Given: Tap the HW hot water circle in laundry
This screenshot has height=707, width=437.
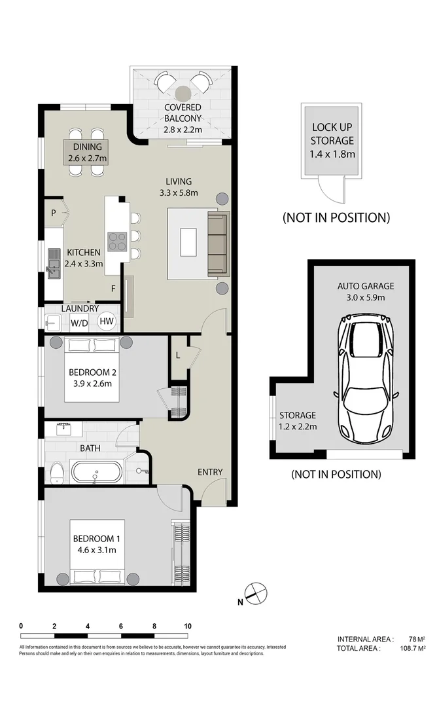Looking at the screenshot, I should [107, 321].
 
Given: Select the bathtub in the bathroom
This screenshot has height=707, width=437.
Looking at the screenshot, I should [96, 472].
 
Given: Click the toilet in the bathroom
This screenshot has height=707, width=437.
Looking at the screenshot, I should [56, 472].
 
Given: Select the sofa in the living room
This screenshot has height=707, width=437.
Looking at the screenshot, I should [217, 244].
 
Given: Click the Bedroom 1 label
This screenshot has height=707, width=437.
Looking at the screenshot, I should [96, 539].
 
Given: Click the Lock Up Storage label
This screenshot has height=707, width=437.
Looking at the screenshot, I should [332, 134].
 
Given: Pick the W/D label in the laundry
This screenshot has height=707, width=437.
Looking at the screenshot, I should [79, 322].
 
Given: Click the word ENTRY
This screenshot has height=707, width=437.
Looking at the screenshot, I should [209, 472].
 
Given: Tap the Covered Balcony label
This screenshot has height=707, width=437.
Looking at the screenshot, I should [183, 113].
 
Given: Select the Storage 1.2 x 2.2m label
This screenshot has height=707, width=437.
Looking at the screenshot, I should [298, 421].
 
